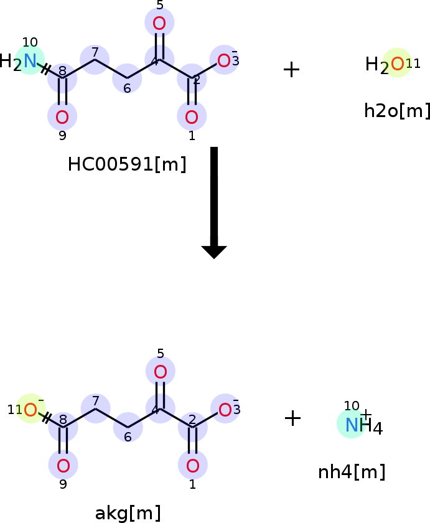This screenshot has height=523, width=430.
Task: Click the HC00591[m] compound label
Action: [127, 164]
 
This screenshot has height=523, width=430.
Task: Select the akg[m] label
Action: [128, 513]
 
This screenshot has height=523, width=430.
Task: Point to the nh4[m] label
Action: [352, 472]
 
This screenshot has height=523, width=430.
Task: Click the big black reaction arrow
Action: [214, 202]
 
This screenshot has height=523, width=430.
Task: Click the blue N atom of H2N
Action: [30, 61]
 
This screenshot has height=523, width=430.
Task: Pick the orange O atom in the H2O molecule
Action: [398, 64]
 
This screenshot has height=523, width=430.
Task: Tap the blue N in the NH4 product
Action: [352, 425]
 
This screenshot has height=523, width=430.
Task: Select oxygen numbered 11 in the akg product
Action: [30, 410]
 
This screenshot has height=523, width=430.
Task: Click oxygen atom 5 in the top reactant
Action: [159, 24]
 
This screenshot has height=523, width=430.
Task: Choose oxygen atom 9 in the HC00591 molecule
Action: [62, 117]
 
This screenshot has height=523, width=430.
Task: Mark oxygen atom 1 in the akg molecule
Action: [193, 466]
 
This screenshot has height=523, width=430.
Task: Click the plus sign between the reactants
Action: [291, 70]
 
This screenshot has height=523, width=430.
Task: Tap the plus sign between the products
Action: [292, 418]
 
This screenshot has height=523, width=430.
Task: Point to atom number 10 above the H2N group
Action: [30, 42]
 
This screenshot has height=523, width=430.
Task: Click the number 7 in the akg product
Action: [96, 400]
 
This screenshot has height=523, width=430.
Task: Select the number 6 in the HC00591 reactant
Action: [127, 88]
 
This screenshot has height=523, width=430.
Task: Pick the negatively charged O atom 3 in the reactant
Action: [223, 61]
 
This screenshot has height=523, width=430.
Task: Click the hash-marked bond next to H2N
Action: [46, 69]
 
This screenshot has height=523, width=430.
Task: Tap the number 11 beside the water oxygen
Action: [413, 63]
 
